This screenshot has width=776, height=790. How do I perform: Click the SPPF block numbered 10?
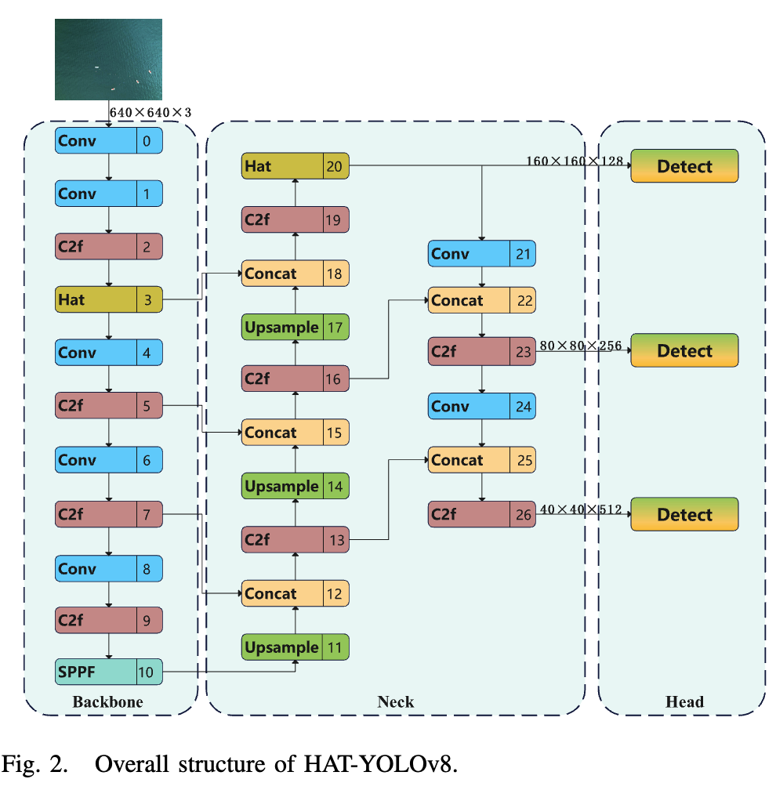[x=109, y=672]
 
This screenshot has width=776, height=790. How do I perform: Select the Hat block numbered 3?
[x=109, y=300]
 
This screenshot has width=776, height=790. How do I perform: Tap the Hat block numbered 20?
[x=295, y=166]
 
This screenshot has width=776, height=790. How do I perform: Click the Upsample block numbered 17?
[x=295, y=327]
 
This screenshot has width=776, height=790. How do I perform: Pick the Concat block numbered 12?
[x=295, y=593]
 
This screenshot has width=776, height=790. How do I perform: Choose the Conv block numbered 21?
[x=481, y=254]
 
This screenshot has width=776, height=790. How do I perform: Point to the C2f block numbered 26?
[x=481, y=514]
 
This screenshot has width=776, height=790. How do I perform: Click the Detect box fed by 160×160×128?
[x=684, y=166]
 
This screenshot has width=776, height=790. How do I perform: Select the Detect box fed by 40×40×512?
[x=684, y=514]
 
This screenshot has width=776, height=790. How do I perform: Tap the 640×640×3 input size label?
[x=150, y=113]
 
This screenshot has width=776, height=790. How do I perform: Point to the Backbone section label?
[x=108, y=702]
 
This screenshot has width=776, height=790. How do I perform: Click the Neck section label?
[x=395, y=702]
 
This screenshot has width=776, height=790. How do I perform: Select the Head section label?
[x=684, y=702]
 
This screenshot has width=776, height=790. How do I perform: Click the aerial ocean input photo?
[x=108, y=60]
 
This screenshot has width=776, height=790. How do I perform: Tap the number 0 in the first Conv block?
[x=146, y=141]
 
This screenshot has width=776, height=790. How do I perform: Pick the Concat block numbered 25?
[x=481, y=460]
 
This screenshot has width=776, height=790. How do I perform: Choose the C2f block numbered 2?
[x=109, y=247]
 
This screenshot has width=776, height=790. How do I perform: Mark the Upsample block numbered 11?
[x=295, y=647]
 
